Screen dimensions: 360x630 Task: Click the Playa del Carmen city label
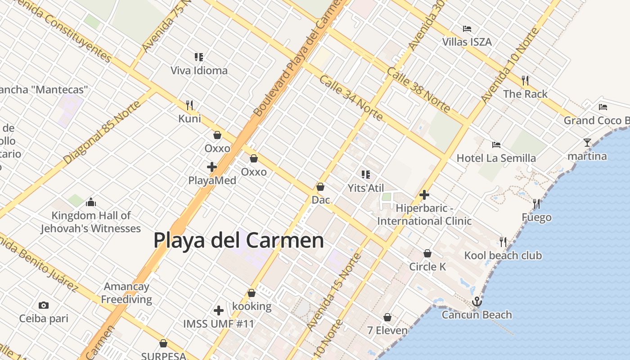coord(238,240)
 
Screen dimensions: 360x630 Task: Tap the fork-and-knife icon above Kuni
coord(189,105)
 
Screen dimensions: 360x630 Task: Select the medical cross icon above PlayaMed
coord(212,167)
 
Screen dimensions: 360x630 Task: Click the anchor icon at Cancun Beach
coord(477,301)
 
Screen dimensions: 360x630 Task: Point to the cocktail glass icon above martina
coord(587,143)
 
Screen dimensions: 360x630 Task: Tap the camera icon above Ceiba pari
coord(44,305)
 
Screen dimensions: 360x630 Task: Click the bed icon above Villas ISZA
coord(467,29)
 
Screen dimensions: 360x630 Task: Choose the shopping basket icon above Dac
coord(321,186)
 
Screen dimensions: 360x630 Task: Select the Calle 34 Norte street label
coord(351,98)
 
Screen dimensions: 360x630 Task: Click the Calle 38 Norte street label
coord(418,90)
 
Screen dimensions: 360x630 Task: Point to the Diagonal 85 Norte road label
coord(102,132)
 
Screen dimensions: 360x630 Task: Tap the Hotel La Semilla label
coord(496,158)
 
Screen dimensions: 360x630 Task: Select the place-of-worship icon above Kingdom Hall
coord(91,202)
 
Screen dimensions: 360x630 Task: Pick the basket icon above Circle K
coord(427,253)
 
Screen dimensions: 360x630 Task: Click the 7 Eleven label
coord(387,330)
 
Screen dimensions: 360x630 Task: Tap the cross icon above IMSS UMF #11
coord(219,310)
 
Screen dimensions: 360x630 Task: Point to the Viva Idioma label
coord(199,71)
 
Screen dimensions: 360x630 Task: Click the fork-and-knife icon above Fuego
coord(536,204)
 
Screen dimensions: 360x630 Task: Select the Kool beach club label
coord(503,256)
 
